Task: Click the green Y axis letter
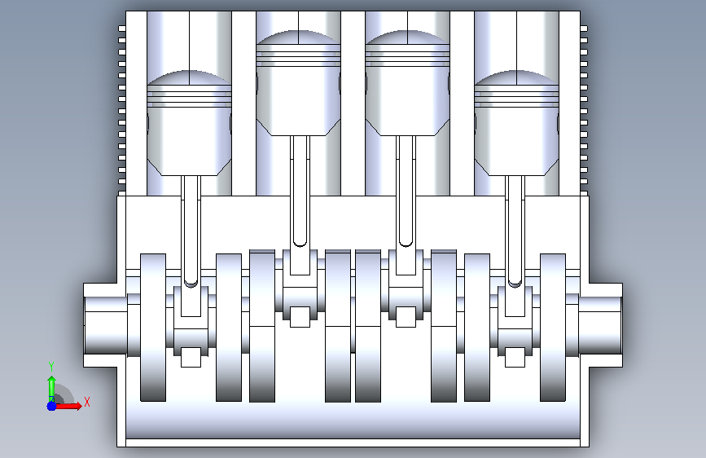point(51,367)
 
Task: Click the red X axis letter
point(87,402)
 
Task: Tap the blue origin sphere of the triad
point(52,406)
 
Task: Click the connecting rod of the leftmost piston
point(191,231)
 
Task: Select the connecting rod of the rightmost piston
point(515,231)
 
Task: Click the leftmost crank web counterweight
point(153,328)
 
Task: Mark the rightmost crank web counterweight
point(553,328)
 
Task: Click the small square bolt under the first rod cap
point(191,357)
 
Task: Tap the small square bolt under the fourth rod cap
point(515,357)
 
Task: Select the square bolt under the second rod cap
point(300,317)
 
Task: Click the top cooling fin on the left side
point(121,29)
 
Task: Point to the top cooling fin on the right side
point(584,29)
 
